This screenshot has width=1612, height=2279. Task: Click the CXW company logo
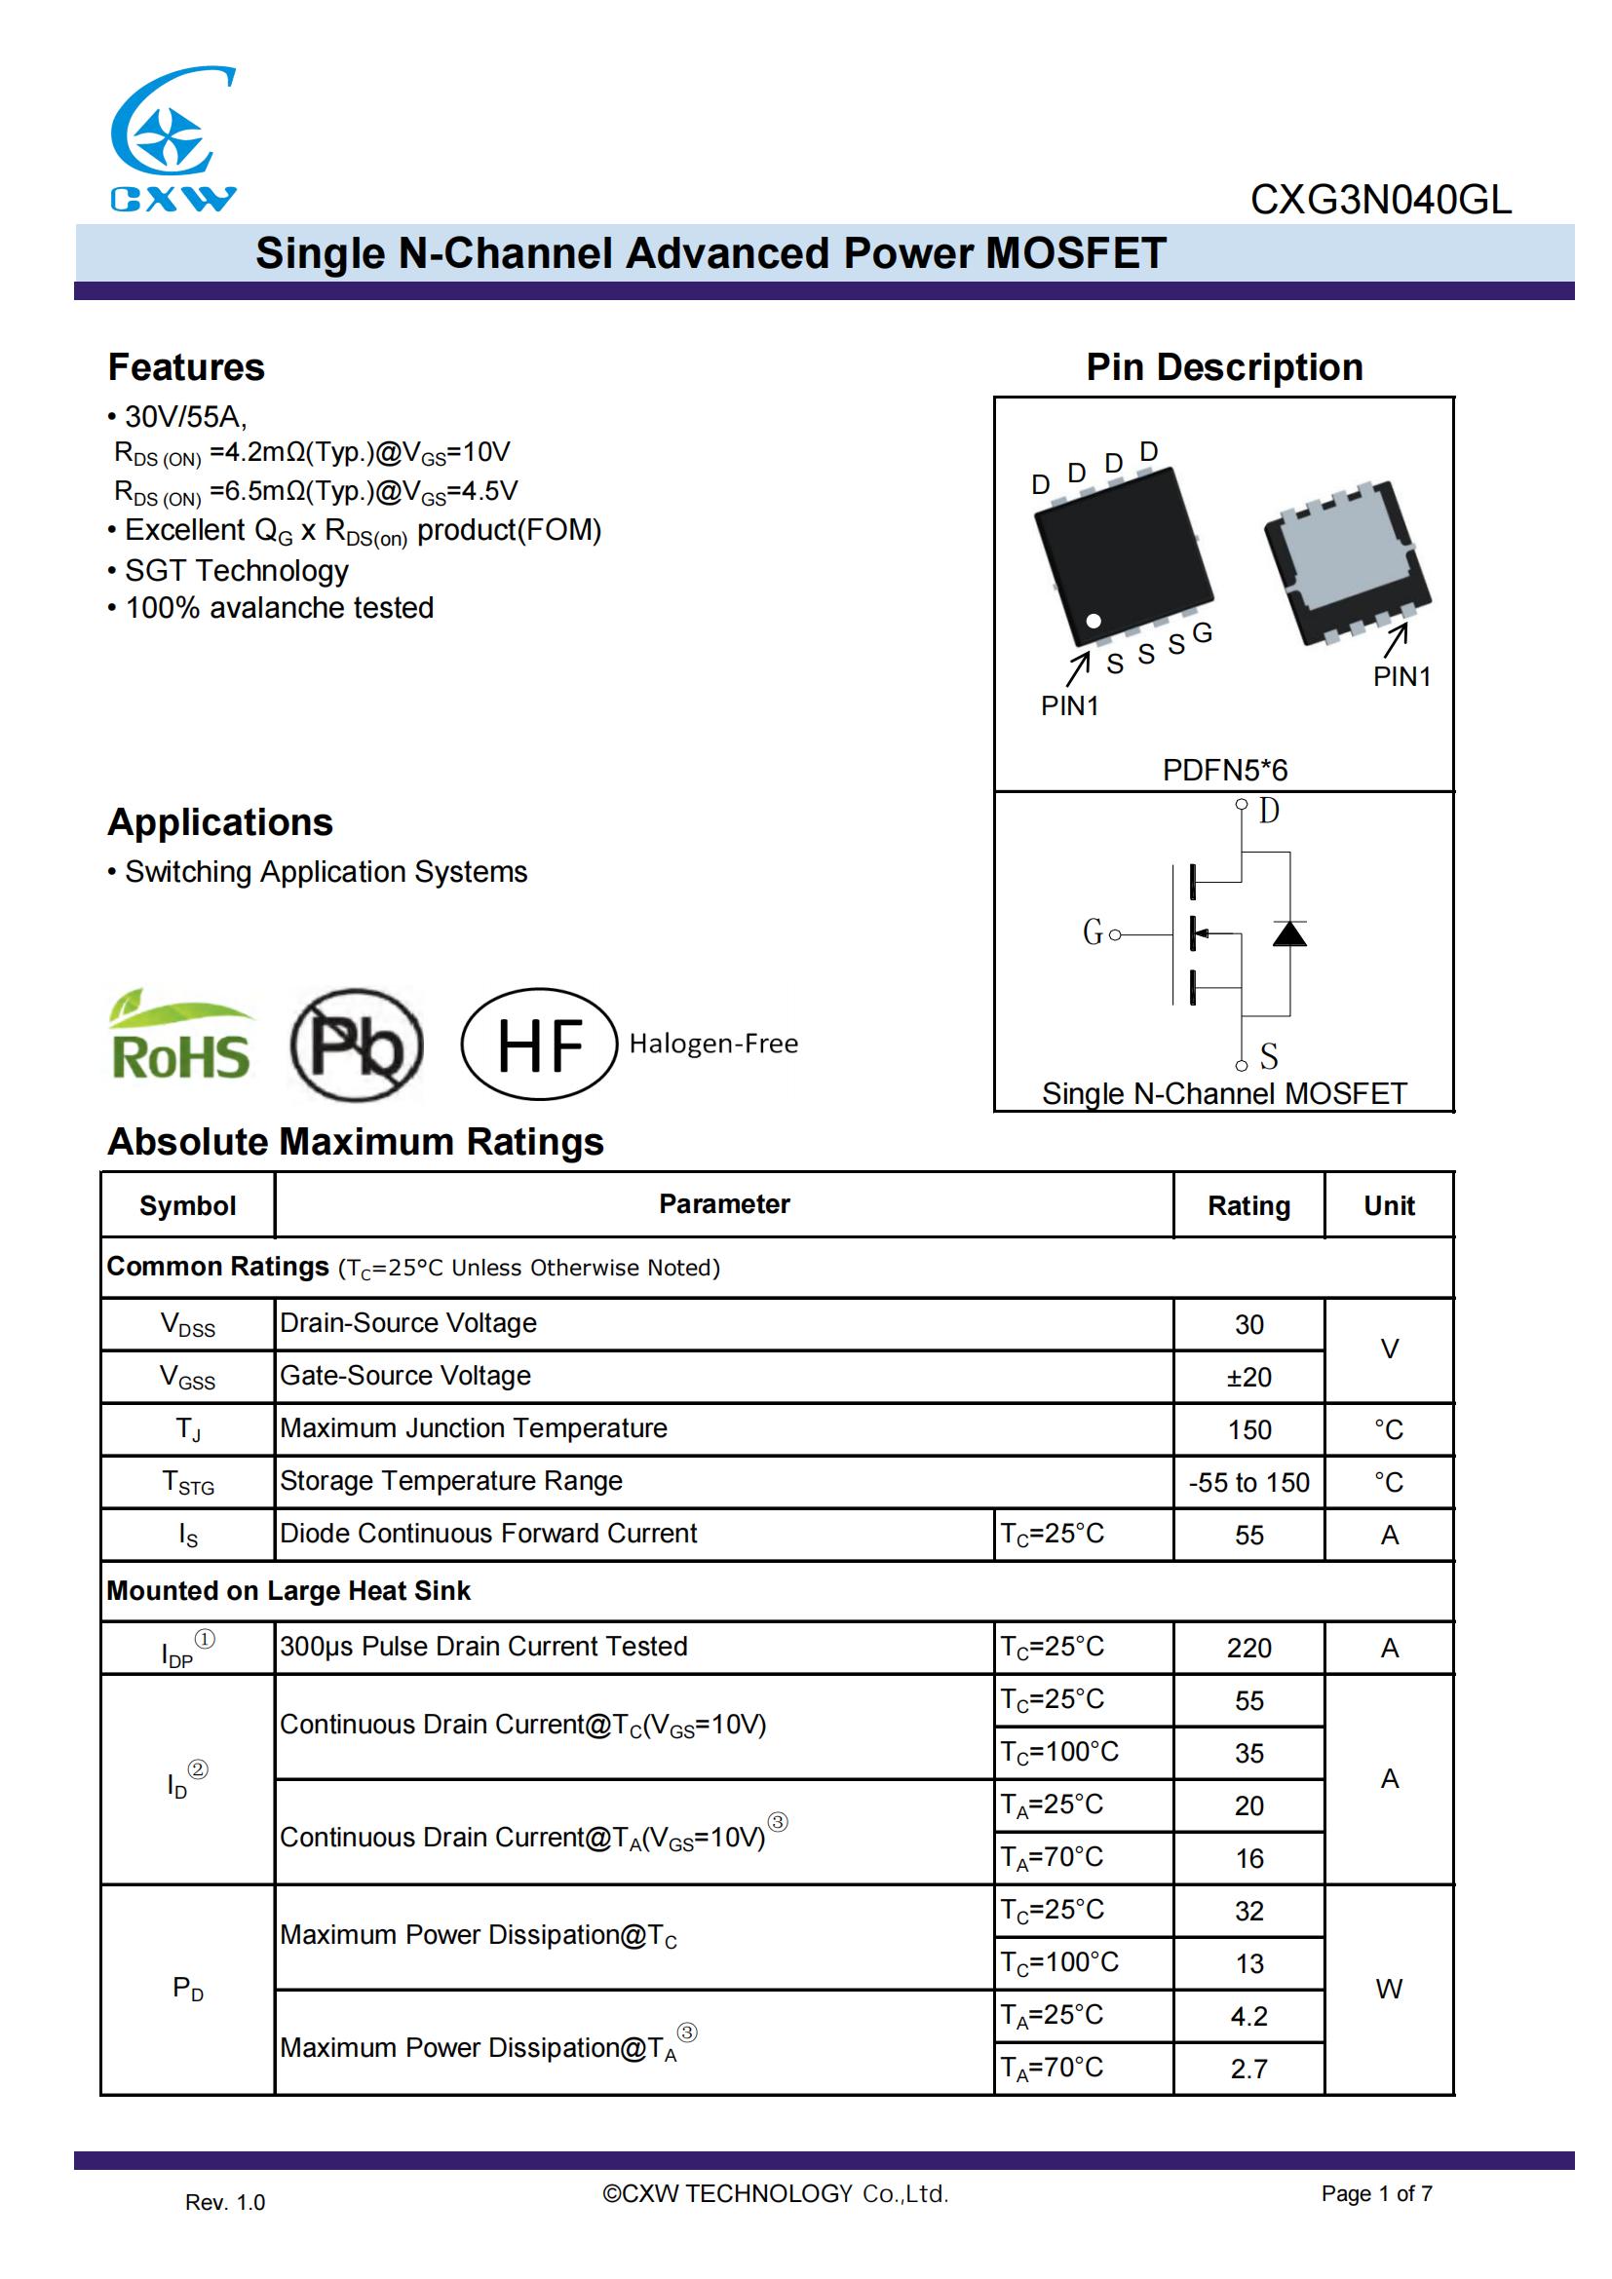point(173,138)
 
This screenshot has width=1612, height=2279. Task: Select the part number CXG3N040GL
point(1380,200)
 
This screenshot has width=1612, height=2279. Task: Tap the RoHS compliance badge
point(180,1039)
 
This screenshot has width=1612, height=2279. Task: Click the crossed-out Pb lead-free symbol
point(358,1045)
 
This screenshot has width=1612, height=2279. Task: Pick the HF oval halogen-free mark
point(539,1045)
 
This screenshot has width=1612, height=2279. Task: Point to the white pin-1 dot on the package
point(1093,622)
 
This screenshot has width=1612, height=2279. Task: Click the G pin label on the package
point(1202,632)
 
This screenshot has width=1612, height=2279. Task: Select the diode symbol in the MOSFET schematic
point(1289,933)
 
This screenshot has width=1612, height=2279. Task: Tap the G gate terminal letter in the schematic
point(1092,932)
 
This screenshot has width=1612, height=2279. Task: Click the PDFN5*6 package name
point(1224,770)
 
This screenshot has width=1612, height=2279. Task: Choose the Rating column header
point(1248,1205)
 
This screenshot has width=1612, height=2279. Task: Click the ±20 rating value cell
point(1248,1377)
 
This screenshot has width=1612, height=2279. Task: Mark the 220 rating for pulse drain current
point(1248,1648)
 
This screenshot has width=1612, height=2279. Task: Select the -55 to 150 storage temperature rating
point(1248,1482)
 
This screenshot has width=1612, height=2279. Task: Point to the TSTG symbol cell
point(187,1482)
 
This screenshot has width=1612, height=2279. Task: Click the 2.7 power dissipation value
point(1248,2069)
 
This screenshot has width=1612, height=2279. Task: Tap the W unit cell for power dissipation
point(1389,1990)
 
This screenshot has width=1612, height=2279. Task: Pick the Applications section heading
point(220,823)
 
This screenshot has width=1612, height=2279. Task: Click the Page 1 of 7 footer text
point(1376,2193)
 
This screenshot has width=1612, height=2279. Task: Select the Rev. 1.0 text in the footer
point(225,2203)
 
